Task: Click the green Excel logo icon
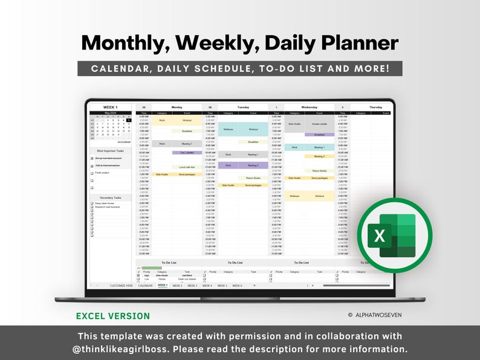click(394, 236)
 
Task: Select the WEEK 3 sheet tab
click(192, 285)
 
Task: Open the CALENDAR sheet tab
click(145, 285)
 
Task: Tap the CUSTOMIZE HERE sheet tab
click(121, 285)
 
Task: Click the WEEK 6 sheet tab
click(237, 285)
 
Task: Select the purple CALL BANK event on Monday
click(187, 153)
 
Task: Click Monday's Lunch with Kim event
click(187, 167)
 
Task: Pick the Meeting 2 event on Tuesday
click(253, 165)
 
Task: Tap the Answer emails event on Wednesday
click(319, 124)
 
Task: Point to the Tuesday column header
click(243, 107)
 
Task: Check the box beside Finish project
click(92, 173)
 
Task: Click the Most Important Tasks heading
click(110, 150)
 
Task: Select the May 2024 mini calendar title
click(110, 113)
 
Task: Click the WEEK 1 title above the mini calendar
click(111, 107)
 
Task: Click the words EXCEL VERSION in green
click(113, 316)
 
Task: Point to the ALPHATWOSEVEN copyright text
click(378, 315)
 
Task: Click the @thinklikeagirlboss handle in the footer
click(122, 349)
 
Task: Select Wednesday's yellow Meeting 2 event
click(319, 156)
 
